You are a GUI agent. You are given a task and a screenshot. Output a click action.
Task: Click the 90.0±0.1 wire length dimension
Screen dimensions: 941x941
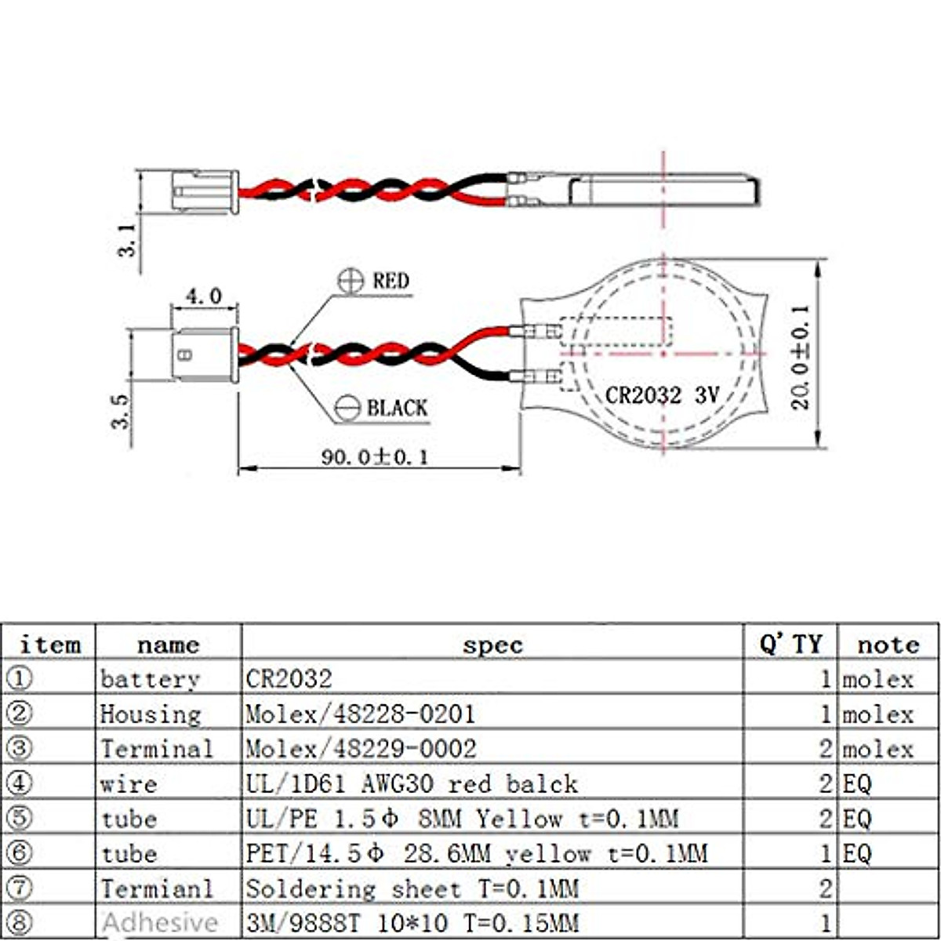coord(375,457)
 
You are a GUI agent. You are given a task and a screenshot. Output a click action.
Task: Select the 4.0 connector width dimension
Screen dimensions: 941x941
coord(203,296)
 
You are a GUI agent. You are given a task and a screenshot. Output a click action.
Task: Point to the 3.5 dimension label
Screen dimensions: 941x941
coord(120,410)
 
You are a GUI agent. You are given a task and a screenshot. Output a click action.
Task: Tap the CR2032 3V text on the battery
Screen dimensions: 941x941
coord(661,394)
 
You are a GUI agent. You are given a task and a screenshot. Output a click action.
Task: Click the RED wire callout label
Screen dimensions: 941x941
coord(391,281)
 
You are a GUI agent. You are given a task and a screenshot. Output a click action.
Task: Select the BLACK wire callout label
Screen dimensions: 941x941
coord(397,409)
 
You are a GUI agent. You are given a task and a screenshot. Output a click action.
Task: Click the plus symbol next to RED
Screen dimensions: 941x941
coord(350,281)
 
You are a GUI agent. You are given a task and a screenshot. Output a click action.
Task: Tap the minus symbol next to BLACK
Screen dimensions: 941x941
coord(347,409)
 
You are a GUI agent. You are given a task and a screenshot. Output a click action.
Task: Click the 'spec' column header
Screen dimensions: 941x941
coord(492,645)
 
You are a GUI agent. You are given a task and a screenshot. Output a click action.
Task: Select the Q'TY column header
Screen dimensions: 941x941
coord(790,645)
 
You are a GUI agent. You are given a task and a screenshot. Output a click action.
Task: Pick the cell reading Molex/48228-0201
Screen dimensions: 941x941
coord(361,714)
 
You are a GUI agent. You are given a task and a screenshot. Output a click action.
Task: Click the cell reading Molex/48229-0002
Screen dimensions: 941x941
coord(361,748)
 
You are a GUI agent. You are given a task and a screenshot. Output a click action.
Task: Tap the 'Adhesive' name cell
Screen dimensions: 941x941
coord(160,922)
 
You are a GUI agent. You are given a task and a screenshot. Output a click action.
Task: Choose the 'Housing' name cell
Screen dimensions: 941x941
coord(151,714)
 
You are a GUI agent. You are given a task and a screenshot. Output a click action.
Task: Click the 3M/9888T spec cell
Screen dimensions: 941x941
coord(412,922)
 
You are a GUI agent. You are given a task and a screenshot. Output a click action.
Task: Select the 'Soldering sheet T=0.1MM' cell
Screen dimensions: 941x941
coord(412,888)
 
